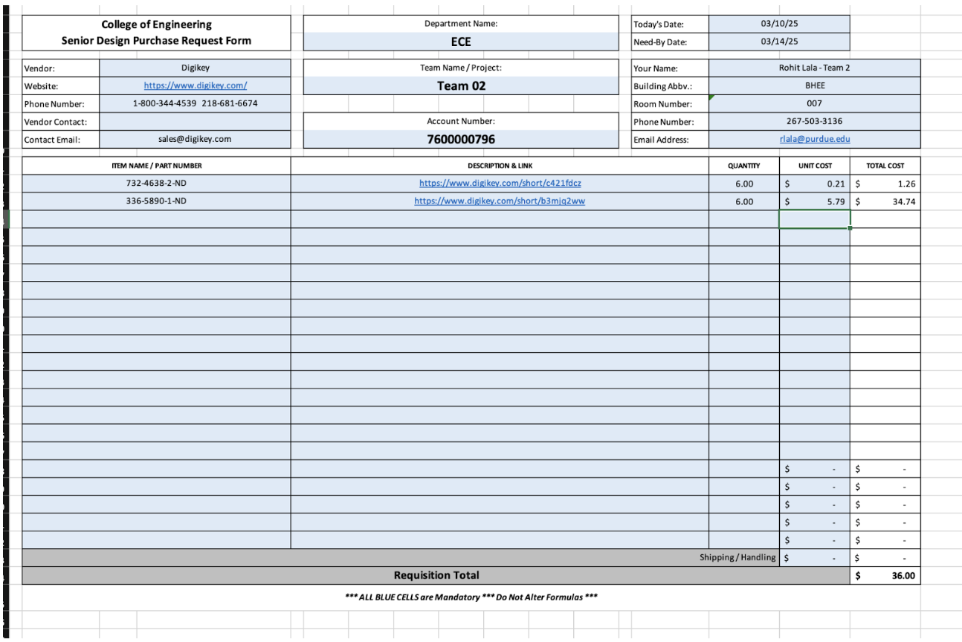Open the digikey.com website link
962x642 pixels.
point(195,85)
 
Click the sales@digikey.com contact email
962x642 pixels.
point(195,139)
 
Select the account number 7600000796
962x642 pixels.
point(461,139)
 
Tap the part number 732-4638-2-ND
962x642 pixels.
point(156,183)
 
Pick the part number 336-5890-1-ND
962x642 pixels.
point(156,201)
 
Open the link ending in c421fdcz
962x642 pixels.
point(500,183)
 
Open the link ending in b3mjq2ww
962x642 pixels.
point(500,201)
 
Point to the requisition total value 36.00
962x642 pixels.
point(903,575)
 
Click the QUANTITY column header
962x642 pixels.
point(743,166)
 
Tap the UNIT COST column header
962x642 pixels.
point(814,166)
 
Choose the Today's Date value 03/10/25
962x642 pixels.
point(779,24)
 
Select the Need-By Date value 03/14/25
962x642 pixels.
point(779,42)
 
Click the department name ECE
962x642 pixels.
point(461,42)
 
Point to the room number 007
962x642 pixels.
point(814,103)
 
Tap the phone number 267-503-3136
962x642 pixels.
point(814,121)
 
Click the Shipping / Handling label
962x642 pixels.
point(737,557)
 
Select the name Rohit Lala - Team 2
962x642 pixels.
point(814,68)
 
